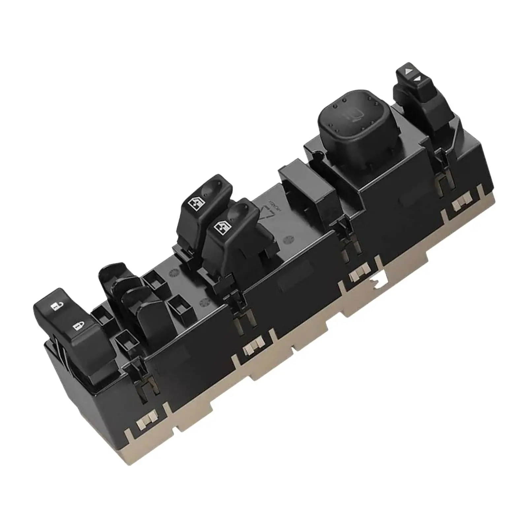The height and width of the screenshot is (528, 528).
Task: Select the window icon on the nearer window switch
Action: click(x=219, y=227)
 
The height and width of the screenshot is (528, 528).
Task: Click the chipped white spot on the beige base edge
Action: click(x=376, y=281)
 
